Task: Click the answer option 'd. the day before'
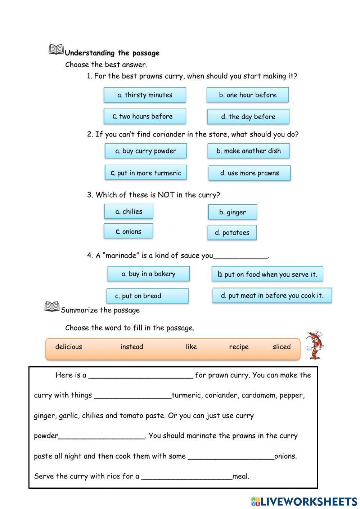tap(248, 117)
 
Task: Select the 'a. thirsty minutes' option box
tap(145, 95)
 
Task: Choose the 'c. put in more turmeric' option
tap(146, 173)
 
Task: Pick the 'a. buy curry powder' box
tap(146, 151)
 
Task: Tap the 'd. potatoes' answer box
tap(232, 233)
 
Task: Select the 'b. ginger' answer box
tap(232, 212)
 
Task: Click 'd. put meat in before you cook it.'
tap(272, 296)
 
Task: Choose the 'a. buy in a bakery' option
tap(148, 274)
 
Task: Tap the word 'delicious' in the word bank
tap(69, 347)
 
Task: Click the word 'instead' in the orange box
tap(132, 347)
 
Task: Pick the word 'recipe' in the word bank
tap(239, 347)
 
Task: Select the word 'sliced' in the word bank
tap(282, 347)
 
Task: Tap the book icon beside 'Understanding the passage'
tap(56, 49)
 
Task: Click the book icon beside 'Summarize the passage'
tap(52, 307)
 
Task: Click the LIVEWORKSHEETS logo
tap(304, 501)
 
